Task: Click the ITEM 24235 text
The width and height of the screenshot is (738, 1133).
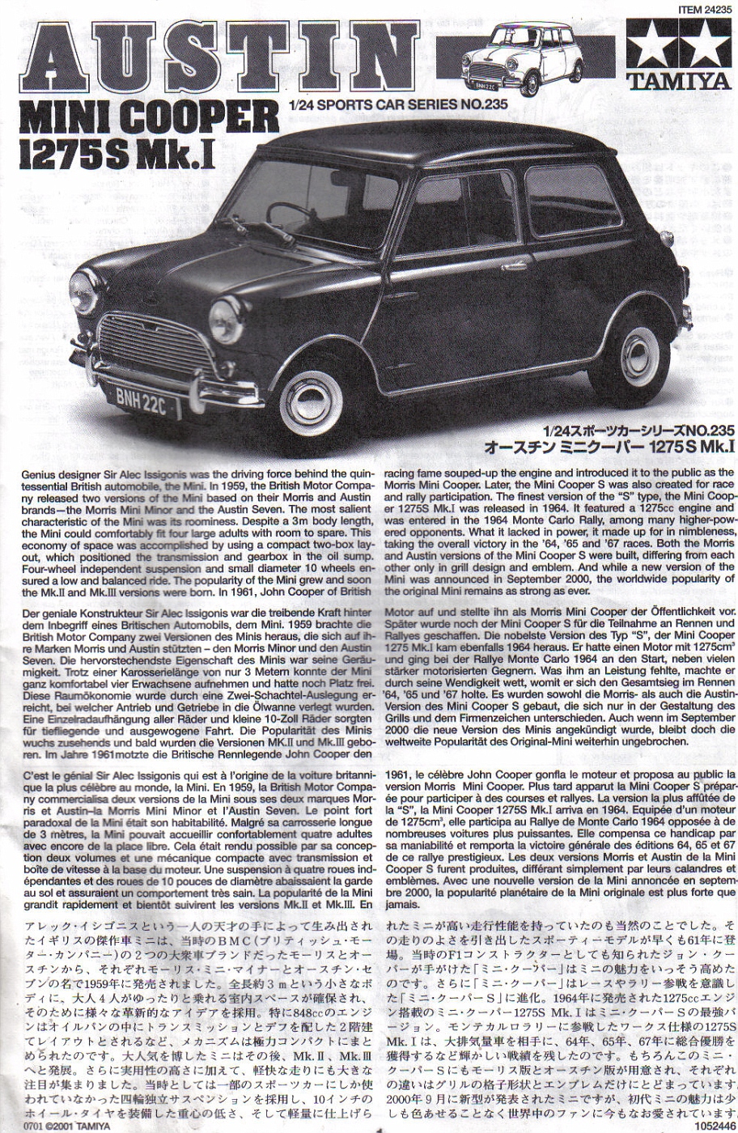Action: point(698,7)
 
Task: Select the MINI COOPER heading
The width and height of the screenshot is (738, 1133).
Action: point(147,117)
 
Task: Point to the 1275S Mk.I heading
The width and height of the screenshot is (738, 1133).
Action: point(121,155)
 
